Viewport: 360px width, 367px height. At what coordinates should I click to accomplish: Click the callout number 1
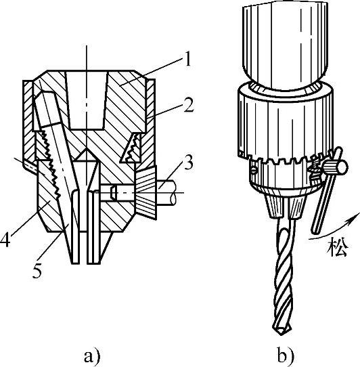pyautogui.click(x=187, y=59)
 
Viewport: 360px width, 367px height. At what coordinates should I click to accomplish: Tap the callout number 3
pyautogui.click(x=189, y=162)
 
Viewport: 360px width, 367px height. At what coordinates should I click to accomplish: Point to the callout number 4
pyautogui.click(x=5, y=238)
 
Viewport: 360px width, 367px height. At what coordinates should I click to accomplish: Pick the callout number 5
pyautogui.click(x=37, y=269)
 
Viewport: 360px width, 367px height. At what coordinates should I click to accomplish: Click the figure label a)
pyautogui.click(x=92, y=356)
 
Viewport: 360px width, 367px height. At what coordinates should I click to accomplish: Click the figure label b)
pyautogui.click(x=286, y=355)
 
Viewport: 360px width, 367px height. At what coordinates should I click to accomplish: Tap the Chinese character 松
pyautogui.click(x=338, y=247)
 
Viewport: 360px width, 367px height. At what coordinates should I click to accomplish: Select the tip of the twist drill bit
pyautogui.click(x=282, y=334)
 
